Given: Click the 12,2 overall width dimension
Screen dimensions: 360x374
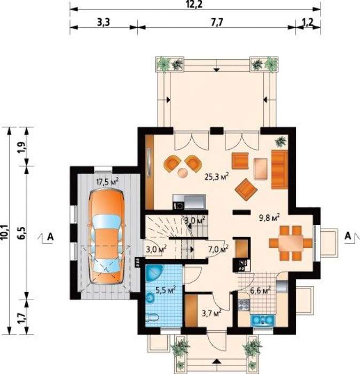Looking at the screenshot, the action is [x=194, y=4].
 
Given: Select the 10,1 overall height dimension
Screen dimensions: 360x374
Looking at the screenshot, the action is [x=5, y=231].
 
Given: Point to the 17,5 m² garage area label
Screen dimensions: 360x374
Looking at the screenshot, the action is [x=107, y=182].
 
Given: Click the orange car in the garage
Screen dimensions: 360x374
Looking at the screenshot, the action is [x=107, y=237].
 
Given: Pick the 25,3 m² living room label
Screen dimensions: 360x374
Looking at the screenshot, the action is [x=217, y=176].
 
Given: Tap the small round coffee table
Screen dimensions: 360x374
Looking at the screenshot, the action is [x=183, y=173].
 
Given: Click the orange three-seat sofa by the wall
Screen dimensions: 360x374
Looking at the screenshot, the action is [x=279, y=169].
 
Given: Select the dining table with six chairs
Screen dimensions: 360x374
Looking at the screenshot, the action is [x=291, y=243].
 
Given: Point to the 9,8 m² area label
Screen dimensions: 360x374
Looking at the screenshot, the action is [x=269, y=217].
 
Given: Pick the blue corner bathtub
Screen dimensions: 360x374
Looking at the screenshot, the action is [x=155, y=273].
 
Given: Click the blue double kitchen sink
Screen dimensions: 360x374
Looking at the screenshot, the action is [x=263, y=320].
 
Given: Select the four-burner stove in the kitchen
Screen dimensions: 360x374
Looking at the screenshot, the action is [x=244, y=305].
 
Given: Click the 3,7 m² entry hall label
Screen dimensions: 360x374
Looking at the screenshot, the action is [x=212, y=313].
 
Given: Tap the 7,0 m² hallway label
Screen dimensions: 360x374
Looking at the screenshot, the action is [x=218, y=250].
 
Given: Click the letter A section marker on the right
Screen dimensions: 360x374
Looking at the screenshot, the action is [x=348, y=236].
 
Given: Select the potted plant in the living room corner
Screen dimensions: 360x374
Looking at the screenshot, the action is [x=281, y=142].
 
